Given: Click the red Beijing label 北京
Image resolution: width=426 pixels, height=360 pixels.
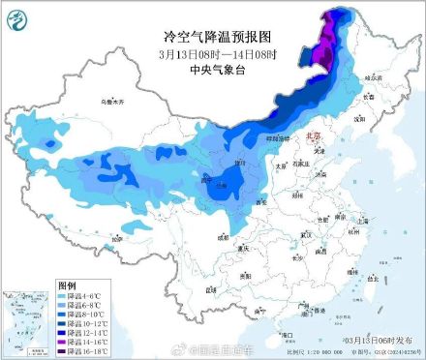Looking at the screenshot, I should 311,138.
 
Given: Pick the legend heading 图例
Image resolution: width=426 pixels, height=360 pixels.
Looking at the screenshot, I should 67,285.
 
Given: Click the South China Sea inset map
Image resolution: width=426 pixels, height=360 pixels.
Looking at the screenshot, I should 26,319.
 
